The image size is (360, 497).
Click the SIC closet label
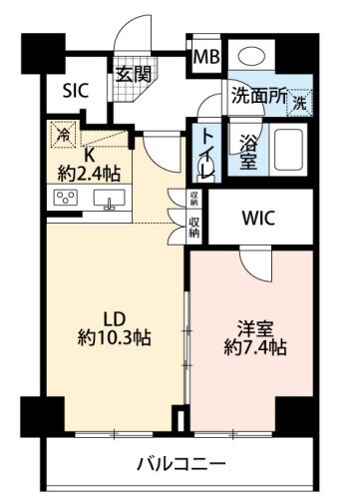(x=76, y=90)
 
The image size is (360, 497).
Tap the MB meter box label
(x=206, y=57)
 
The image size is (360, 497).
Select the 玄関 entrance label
(x=134, y=74)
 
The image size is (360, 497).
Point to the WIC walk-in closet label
(x=258, y=219)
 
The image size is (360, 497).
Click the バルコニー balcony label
(x=181, y=463)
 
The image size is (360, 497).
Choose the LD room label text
(x=115, y=319)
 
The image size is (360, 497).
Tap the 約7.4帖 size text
(x=255, y=347)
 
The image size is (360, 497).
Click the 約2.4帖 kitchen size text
(x=89, y=174)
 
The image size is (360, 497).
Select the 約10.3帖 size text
(x=114, y=338)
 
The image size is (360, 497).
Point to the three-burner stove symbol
(x=66, y=198)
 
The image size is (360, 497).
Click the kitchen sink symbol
(x=109, y=199)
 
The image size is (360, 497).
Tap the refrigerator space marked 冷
(x=63, y=134)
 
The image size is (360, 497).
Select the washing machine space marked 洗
(x=300, y=103)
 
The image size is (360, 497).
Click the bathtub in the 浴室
(x=288, y=149)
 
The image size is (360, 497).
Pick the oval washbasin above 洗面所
(x=251, y=56)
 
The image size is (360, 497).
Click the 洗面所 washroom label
(x=259, y=96)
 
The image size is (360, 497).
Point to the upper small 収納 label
(x=194, y=198)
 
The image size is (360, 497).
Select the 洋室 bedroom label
(x=255, y=329)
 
